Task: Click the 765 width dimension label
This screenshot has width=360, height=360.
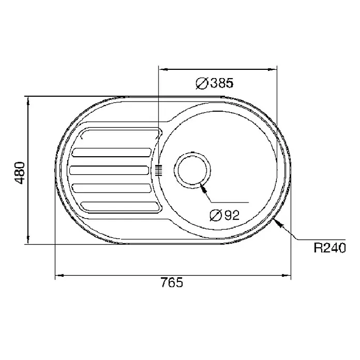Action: tap(172, 282)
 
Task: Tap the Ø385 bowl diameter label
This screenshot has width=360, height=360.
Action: tap(215, 83)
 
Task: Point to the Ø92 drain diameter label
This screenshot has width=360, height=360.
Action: tap(225, 215)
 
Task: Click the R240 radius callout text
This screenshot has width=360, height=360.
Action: tap(329, 248)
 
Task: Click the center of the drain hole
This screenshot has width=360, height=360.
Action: tap(192, 170)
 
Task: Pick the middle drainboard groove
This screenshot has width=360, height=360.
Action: tap(109, 170)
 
